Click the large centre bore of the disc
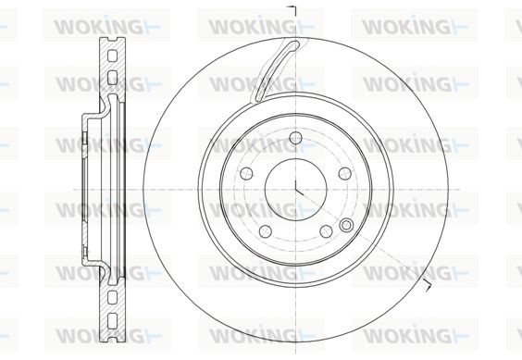295,189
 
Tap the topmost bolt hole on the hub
295,138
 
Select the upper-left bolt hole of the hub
246,173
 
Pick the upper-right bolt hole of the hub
345,173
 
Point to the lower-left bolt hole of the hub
266,231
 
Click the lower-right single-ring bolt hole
326,230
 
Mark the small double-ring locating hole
346,226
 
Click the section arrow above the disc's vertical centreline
292,10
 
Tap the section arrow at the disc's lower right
428,286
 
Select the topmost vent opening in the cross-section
113,56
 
